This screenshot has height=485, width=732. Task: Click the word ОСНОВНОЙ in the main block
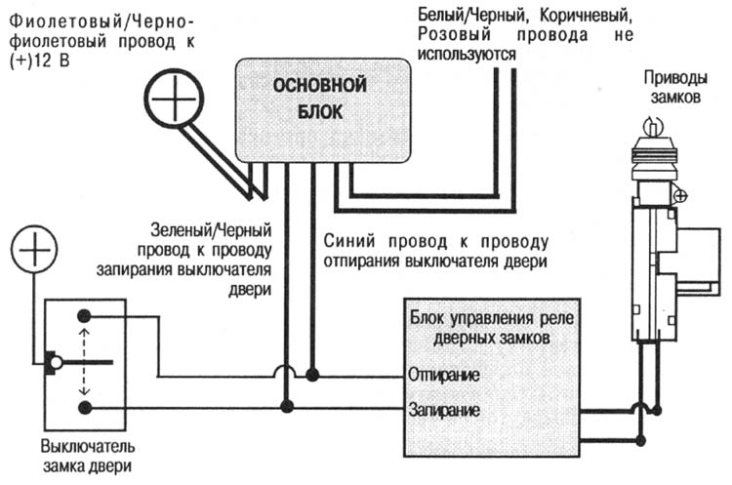[319, 86]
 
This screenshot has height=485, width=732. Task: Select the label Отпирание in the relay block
[444, 375]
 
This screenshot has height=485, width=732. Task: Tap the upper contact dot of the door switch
[85, 316]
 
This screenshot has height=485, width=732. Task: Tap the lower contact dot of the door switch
[85, 407]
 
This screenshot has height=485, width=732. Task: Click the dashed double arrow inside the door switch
[85, 361]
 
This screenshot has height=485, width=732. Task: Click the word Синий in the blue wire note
[347, 241]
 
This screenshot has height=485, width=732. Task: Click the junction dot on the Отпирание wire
[312, 375]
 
